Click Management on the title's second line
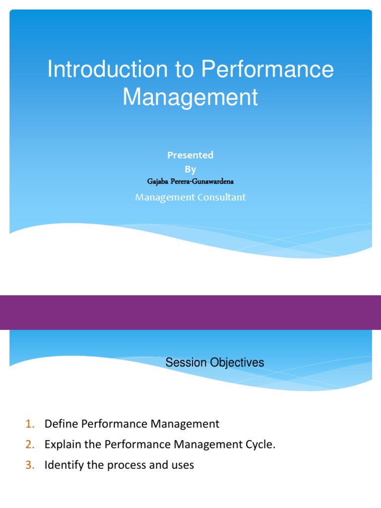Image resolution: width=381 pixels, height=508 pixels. (x=190, y=97)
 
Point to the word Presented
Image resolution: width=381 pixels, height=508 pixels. (x=190, y=155)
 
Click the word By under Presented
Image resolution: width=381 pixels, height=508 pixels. (x=190, y=169)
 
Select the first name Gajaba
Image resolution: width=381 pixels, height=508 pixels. (x=159, y=182)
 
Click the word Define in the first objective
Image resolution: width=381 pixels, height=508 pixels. (x=61, y=424)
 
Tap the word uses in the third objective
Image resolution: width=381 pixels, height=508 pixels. (x=182, y=465)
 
